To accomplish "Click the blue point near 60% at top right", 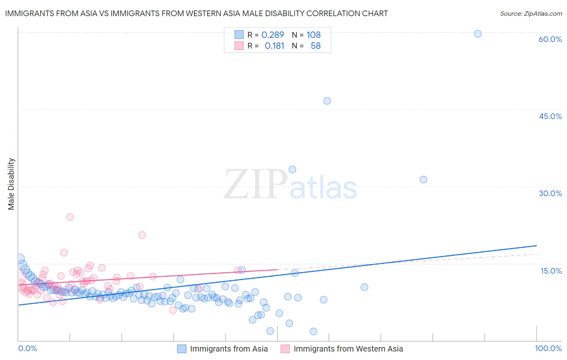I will [477, 34].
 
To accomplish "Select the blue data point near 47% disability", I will [327, 101].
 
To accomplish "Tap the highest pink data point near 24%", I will [70, 217].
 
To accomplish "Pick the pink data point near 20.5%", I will [142, 235].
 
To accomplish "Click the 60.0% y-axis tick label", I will [550, 39].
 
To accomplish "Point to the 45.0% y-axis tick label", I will [550, 116].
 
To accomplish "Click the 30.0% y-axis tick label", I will [550, 193].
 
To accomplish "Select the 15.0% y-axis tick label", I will [551, 271].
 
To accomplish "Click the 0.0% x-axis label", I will [27, 348].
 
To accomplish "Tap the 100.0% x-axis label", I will [548, 348].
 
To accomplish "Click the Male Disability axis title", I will [11, 184].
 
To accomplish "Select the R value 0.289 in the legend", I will [273, 35].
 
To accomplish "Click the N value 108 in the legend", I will [313, 35].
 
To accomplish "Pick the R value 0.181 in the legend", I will [274, 46].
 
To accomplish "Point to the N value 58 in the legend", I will [315, 46].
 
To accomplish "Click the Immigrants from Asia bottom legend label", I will [229, 349].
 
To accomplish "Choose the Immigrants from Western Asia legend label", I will [348, 349].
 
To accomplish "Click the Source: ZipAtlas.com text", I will [531, 13].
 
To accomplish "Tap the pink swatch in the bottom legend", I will [285, 349].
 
